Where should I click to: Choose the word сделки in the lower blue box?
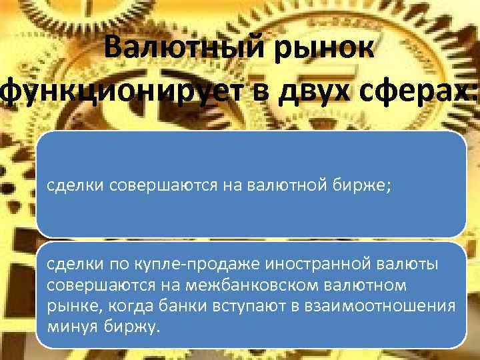tap(73, 265)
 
